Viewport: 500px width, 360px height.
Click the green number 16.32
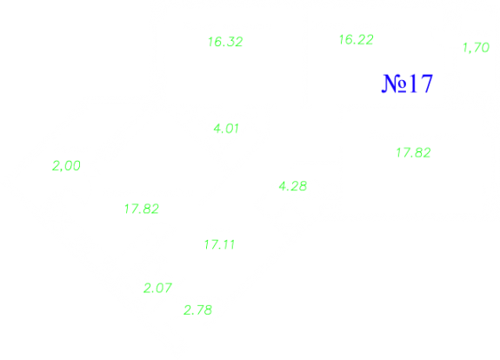pos(225,42)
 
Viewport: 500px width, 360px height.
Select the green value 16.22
pos(357,40)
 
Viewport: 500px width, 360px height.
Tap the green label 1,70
pos(476,48)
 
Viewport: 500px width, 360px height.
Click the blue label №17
pos(407,83)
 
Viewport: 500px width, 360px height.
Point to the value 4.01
pos(226,129)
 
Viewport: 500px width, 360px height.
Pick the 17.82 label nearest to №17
pos(414,153)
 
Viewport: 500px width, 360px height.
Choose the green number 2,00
pos(66,166)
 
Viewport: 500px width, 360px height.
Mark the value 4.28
pos(293,186)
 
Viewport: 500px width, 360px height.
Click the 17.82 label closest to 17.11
pos(142,209)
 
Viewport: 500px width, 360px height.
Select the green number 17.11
pos(219,244)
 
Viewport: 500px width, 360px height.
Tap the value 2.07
pos(157,288)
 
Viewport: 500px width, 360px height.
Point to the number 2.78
pos(197,310)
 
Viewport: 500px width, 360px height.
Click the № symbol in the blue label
pos(395,83)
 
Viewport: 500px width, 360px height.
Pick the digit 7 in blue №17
pos(426,83)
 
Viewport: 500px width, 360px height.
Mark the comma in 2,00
pos(61,170)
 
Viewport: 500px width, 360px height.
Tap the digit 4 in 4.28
pos(283,186)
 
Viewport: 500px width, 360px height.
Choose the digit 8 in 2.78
pos(208,310)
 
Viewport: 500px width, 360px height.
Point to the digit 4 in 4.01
pos(217,129)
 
